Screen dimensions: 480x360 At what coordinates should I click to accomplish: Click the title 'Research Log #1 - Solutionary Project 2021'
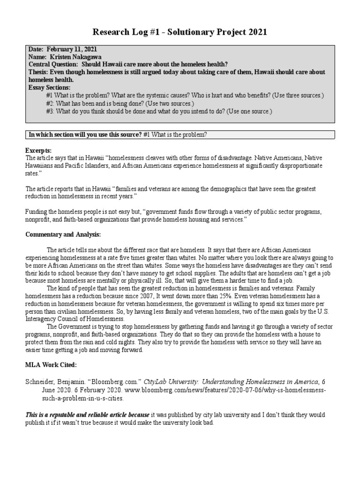coord(180,32)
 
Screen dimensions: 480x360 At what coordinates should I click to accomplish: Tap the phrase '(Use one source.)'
coord(244,111)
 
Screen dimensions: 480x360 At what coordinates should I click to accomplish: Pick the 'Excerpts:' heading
coord(38,150)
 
